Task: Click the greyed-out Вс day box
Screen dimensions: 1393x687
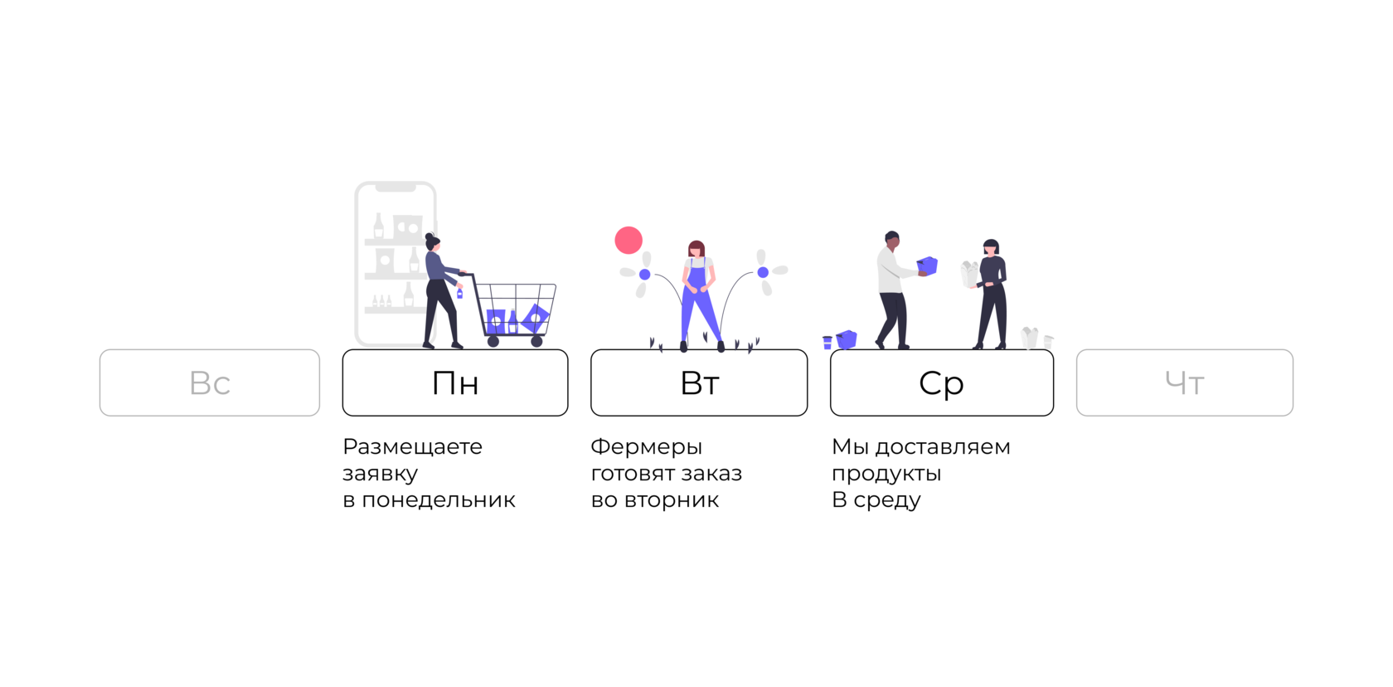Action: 210,382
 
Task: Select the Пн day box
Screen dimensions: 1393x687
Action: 455,382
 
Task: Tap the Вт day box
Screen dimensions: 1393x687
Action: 699,382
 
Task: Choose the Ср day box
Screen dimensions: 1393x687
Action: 942,382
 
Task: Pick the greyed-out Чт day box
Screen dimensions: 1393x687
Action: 1184,382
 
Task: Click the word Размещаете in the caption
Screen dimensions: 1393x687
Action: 412,446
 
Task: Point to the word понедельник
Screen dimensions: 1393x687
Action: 439,499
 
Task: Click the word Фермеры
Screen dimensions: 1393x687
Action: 646,446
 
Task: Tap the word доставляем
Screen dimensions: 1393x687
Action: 943,446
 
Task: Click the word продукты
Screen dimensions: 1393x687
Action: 886,474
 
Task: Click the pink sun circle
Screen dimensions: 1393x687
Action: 629,240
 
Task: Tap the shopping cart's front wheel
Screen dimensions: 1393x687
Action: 537,341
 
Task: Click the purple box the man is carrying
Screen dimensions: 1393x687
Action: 928,266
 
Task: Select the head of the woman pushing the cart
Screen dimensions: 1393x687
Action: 432,242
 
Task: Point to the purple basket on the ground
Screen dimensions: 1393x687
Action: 847,339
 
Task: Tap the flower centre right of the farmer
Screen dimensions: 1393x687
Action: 763,272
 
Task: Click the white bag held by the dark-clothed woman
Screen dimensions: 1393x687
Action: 969,275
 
